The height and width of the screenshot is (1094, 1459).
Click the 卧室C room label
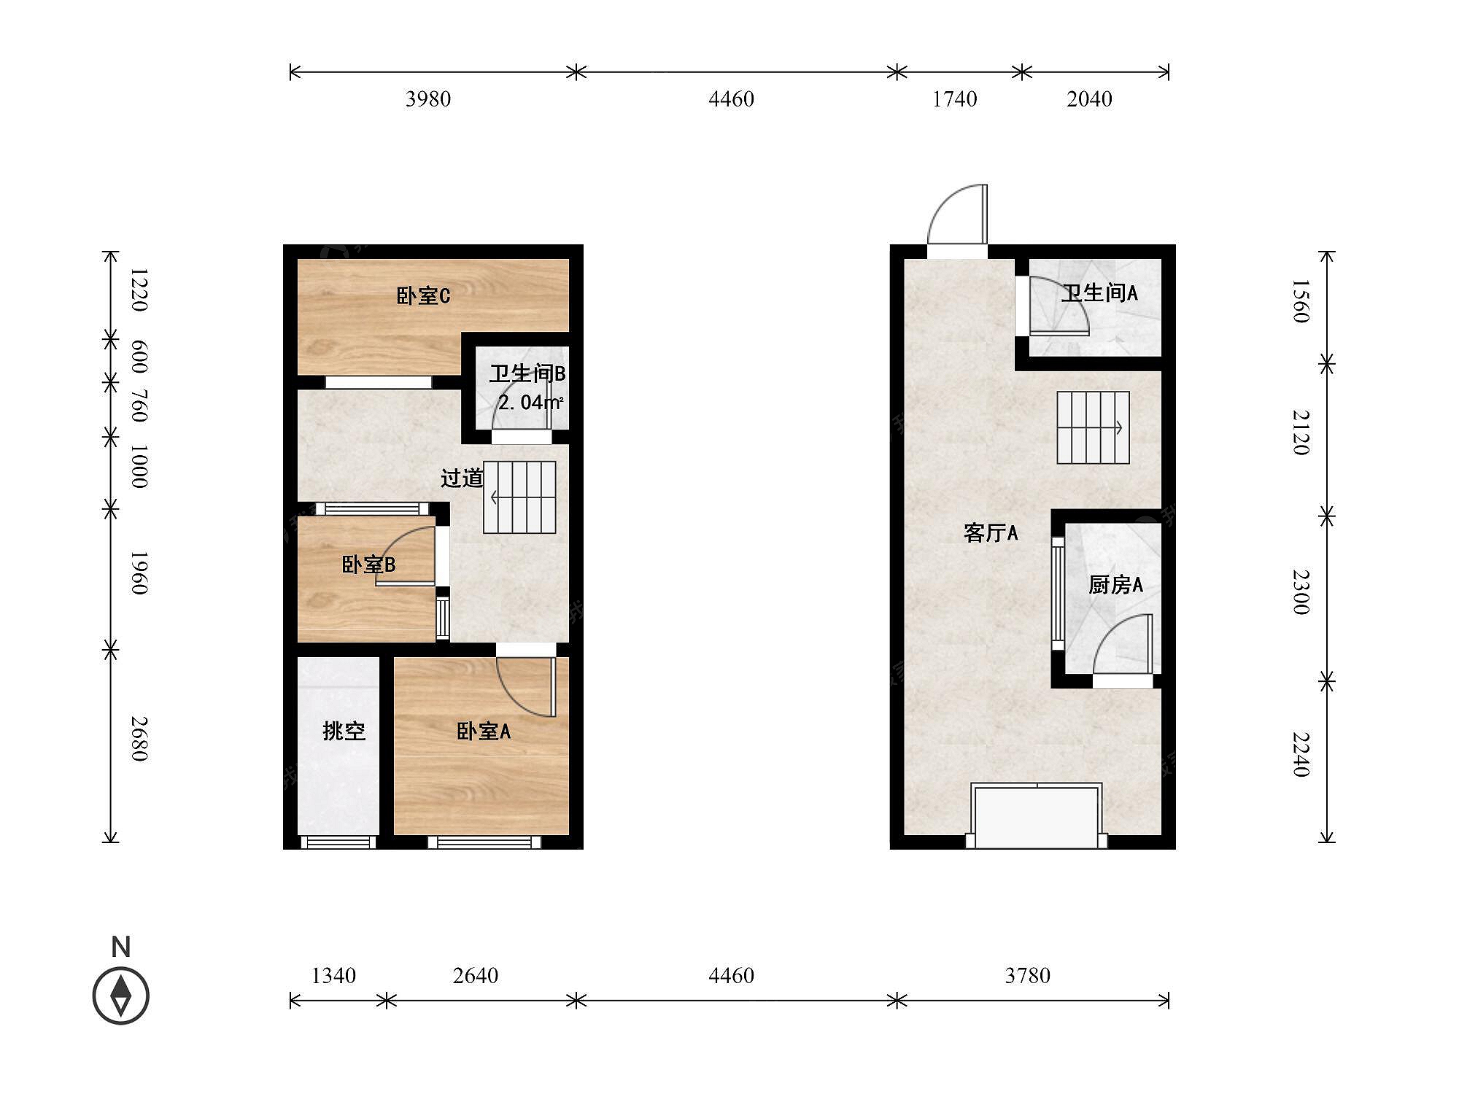tap(423, 295)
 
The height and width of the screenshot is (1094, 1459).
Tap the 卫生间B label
tap(527, 373)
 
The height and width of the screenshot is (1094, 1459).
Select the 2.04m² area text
tap(530, 402)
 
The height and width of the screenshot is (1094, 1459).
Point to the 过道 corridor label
tap(462, 478)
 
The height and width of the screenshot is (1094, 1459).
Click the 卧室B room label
tap(368, 565)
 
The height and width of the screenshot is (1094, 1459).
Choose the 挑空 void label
tap(344, 731)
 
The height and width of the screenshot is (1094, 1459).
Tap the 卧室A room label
tap(484, 731)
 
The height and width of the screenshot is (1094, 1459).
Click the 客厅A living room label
tap(991, 533)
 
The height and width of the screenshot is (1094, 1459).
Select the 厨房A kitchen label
tap(1115, 584)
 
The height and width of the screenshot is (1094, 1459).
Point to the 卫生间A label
tap(1099, 293)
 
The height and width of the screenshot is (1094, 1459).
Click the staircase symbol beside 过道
tap(519, 497)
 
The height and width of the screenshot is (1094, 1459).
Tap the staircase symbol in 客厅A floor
tap(1094, 427)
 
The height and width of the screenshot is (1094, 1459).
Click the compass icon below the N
tap(121, 996)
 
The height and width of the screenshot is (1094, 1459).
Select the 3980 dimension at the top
tap(428, 98)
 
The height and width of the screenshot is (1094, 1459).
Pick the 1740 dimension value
tap(955, 98)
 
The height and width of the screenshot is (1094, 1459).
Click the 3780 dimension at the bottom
tap(1027, 975)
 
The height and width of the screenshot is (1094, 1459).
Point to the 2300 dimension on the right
tap(1301, 592)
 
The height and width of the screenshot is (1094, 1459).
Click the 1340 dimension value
tap(333, 975)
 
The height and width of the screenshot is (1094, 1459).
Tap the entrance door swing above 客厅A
tap(957, 214)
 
